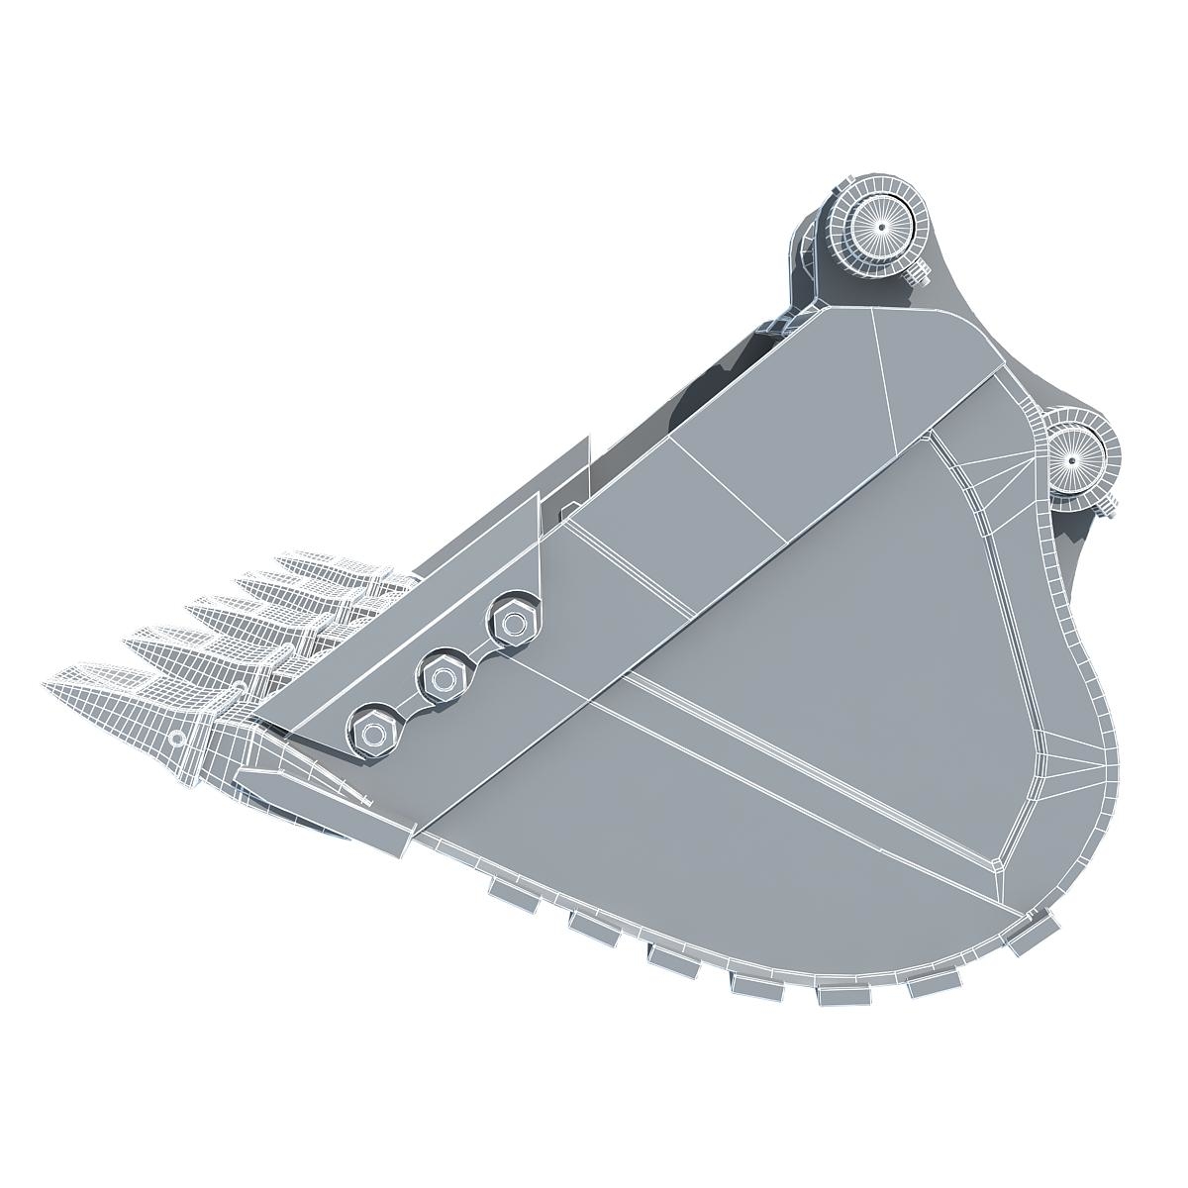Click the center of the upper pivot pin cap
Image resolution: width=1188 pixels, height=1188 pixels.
pos(878,226)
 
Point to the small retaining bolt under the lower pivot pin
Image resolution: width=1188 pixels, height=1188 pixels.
pos(1107,506)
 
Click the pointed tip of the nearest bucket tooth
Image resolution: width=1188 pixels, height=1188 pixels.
pos(48,688)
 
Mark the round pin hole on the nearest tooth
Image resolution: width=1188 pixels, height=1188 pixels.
pos(176,738)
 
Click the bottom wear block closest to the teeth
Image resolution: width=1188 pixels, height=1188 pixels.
pos(512,894)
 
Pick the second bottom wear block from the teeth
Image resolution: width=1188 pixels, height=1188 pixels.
pos(592,922)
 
